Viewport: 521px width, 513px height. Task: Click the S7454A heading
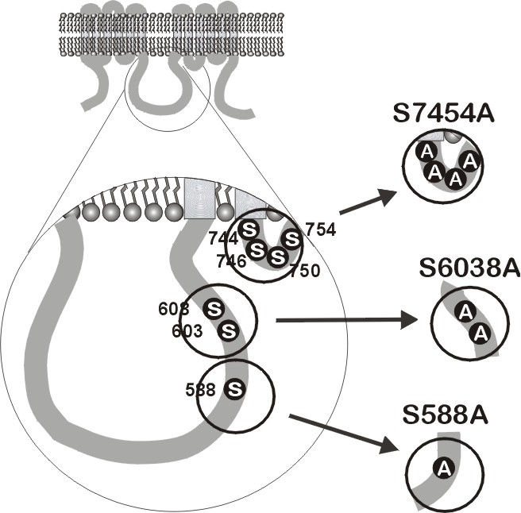443,114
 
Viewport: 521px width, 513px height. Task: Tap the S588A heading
443,416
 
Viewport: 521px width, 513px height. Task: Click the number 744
223,237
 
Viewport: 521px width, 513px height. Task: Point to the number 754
320,230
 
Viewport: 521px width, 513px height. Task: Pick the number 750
304,271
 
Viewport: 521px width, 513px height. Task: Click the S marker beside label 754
291,238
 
